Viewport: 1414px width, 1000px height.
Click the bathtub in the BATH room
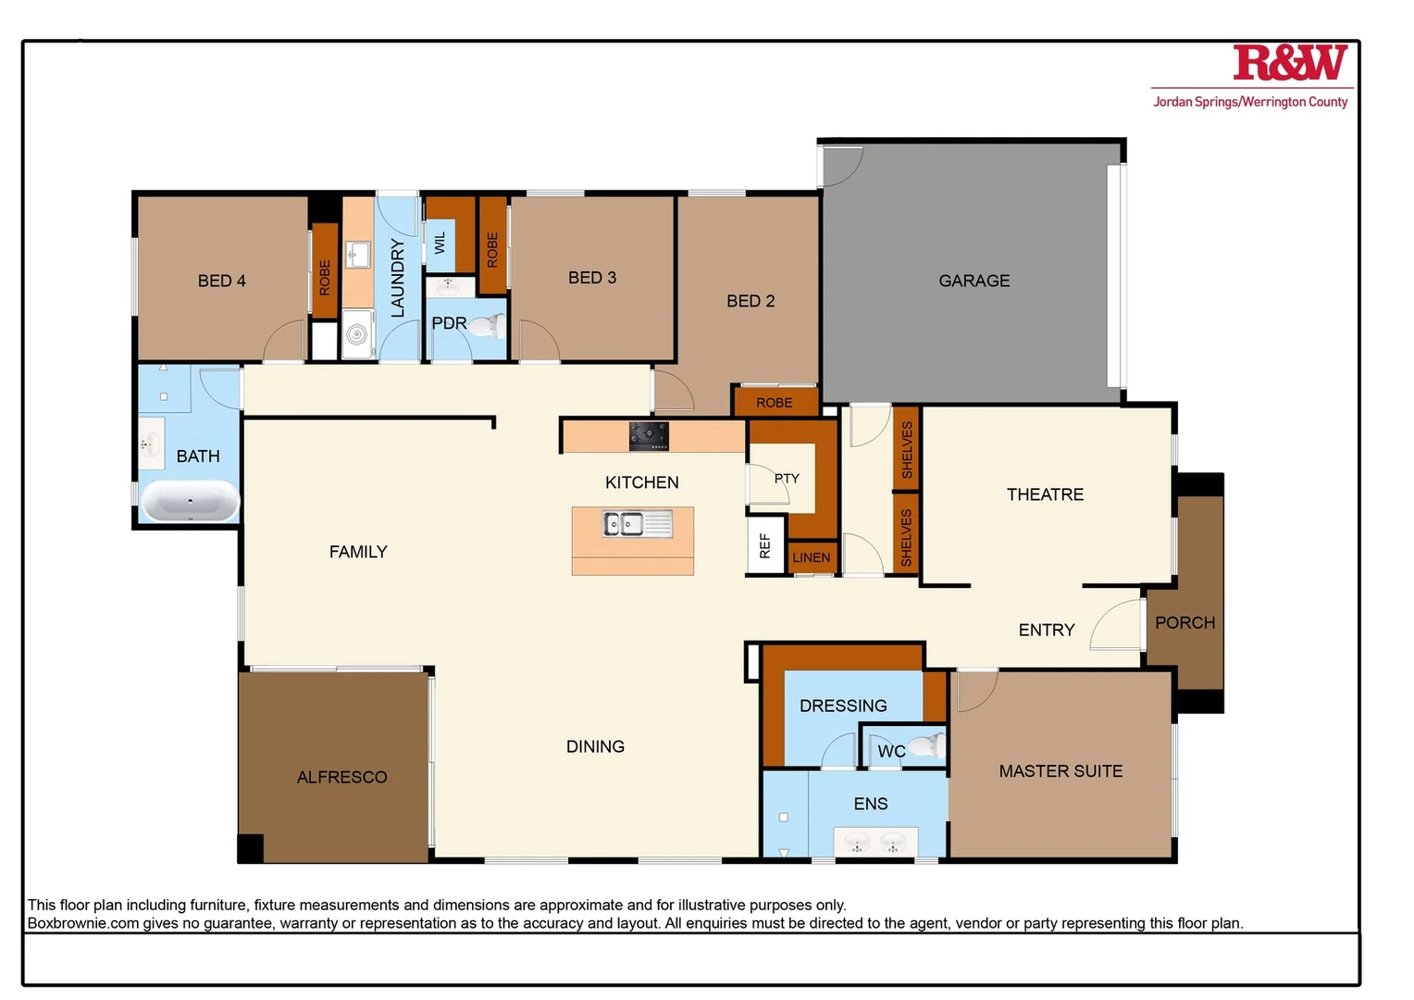[x=190, y=501]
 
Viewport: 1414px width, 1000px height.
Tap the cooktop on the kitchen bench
[x=649, y=436]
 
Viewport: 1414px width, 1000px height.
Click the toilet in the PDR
[x=486, y=326]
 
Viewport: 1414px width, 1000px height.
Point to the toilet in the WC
[x=924, y=745]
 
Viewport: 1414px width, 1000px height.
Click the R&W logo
[x=1290, y=63]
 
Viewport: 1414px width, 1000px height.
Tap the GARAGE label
[x=974, y=281]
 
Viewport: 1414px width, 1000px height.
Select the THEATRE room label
[x=1045, y=494]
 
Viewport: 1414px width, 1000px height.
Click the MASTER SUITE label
[x=1060, y=771]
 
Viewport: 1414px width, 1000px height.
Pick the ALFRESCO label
[x=341, y=778]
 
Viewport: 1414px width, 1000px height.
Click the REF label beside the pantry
[x=764, y=546]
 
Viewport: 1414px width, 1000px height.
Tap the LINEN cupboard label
[x=812, y=557]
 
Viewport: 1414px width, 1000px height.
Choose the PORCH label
[x=1185, y=623]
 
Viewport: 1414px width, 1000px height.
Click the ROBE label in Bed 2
[x=775, y=403]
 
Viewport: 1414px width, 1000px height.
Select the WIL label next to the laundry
[x=440, y=243]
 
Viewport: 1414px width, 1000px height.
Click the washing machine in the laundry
[x=356, y=334]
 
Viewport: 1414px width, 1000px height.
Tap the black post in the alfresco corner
[x=251, y=848]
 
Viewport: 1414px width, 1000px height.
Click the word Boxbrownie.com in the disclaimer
[x=82, y=923]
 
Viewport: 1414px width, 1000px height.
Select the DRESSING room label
[x=843, y=706]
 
